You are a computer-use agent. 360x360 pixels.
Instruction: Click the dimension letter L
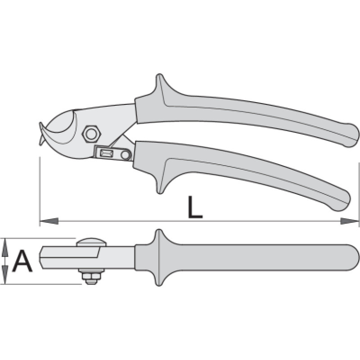[195, 207]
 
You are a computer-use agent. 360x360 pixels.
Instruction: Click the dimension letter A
[22, 261]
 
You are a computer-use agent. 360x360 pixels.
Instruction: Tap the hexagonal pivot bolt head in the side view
[92, 134]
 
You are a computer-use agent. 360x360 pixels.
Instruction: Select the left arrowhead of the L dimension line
[49, 221]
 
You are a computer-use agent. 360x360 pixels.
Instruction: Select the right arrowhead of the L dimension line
[349, 221]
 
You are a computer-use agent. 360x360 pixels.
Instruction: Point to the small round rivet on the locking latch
[125, 155]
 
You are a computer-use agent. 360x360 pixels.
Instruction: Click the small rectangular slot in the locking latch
[106, 153]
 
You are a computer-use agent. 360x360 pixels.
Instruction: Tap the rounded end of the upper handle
[351, 135]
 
